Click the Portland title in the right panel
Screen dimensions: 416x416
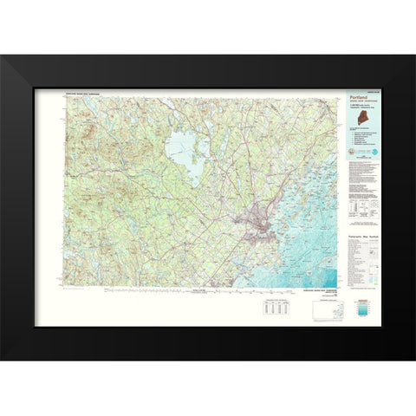coord(357,99)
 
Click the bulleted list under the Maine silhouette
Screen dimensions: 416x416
coord(363,139)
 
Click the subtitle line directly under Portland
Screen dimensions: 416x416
coord(359,104)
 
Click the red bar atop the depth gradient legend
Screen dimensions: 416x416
coord(371,299)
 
